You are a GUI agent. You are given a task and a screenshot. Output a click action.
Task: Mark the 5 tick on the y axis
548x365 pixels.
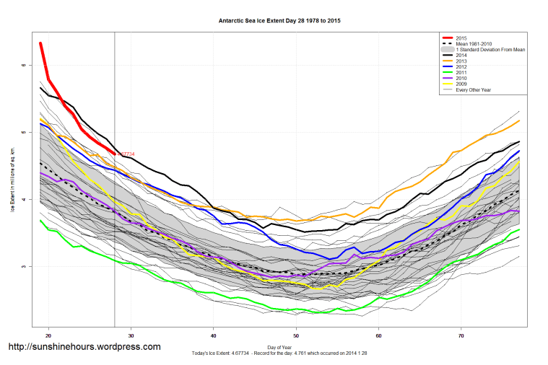click(x=23, y=132)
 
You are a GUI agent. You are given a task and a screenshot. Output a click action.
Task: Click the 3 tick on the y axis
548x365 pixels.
click(x=23, y=266)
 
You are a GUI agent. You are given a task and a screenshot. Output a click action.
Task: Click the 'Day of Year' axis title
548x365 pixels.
click(x=279, y=347)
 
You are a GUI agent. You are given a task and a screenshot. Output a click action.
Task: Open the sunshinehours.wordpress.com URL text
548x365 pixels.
click(x=84, y=347)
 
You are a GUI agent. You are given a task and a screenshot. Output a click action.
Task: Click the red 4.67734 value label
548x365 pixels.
click(x=126, y=154)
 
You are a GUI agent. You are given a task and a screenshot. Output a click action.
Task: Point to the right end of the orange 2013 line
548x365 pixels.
click(x=519, y=120)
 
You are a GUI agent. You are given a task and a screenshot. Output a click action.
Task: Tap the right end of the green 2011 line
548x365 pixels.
click(x=519, y=229)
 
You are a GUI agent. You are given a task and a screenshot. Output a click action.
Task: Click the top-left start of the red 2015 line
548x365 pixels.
click(x=40, y=43)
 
